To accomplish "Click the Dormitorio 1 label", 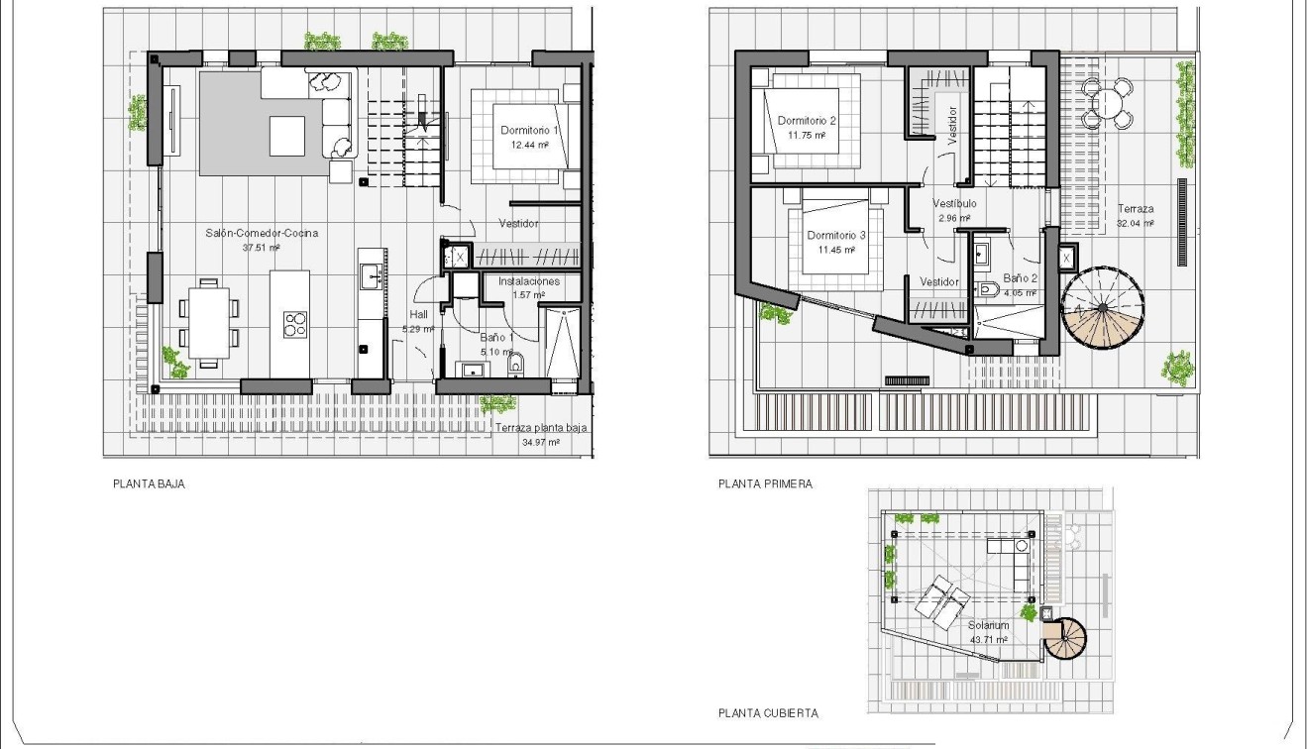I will coord(530,130).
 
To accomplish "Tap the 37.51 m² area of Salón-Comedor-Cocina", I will coord(263,248).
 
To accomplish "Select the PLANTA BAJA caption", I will coord(150,484).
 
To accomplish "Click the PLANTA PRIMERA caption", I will coord(765,484).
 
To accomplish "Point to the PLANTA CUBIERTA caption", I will coord(768,712).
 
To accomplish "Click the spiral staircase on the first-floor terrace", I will coord(1102,306).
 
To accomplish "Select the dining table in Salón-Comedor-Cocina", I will coord(208,323).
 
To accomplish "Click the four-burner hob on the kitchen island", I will coord(295,325).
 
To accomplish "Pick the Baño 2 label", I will coord(1020,278).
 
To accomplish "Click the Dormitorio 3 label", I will coord(836,236).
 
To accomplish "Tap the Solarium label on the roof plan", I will coord(988,625).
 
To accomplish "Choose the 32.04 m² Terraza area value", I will coord(1135,224).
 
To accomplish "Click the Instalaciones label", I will coord(529,281).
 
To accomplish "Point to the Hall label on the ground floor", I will coord(418,314).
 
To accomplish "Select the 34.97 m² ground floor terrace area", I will coord(541,443).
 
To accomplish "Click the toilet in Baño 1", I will coord(514,367).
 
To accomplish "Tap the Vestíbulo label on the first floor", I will coord(954,203).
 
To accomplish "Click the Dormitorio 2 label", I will coord(807,121).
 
